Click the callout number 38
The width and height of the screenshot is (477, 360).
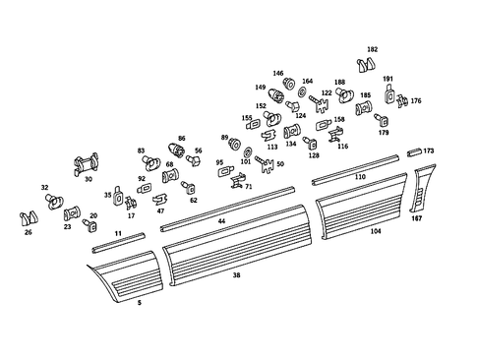coord(236,276)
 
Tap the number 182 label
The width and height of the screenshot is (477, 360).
coord(372,48)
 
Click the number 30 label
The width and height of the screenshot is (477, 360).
coord(89,179)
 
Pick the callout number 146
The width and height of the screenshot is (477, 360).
coord(277,73)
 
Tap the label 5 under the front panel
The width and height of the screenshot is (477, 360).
coord(139,303)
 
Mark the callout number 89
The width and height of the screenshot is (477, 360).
coord(224,138)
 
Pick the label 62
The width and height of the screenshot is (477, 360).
coord(194,200)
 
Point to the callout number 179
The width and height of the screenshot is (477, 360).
coord(384,132)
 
